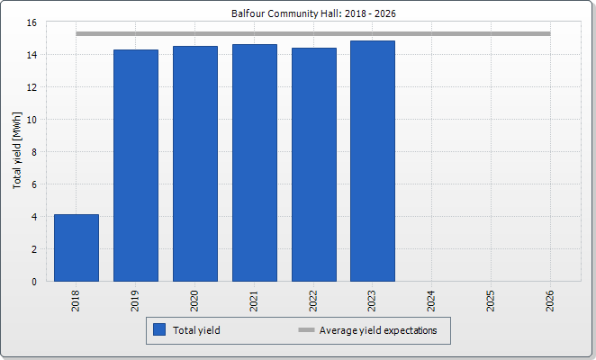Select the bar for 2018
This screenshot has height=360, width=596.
tap(77, 247)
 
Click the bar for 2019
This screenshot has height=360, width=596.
tap(136, 166)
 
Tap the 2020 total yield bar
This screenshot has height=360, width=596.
tap(194, 164)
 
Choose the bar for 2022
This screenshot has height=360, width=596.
tap(313, 165)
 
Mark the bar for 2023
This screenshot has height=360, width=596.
tap(373, 161)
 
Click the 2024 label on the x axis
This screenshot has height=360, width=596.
tap(432, 301)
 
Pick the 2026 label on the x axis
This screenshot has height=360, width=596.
tap(550, 301)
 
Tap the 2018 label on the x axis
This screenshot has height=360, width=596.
tap(77, 301)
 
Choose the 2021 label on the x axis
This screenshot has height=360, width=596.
tap(254, 301)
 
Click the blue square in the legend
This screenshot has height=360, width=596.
tap(160, 330)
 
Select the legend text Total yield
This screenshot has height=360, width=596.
tap(198, 330)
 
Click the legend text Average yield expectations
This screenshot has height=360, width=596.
tap(378, 330)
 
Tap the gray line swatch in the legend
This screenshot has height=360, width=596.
tap(306, 330)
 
